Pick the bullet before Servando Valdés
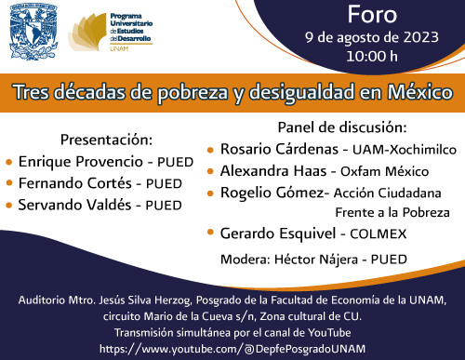tap(8, 205)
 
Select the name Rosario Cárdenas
tap(276, 149)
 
